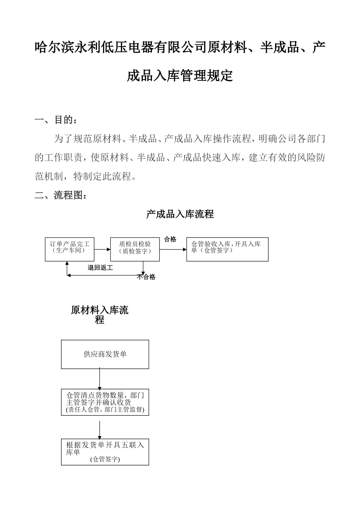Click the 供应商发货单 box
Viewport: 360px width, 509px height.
click(105, 354)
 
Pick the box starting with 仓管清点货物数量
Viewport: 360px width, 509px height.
click(105, 402)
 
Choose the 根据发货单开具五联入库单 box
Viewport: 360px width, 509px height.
click(105, 452)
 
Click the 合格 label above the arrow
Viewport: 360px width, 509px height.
click(170, 239)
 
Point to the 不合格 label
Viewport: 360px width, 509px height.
click(146, 277)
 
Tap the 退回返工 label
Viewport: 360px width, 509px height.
click(100, 268)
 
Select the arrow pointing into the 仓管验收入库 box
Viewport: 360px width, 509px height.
click(173, 250)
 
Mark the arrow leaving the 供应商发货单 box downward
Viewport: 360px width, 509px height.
click(99, 379)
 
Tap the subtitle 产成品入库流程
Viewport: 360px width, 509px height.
click(180, 214)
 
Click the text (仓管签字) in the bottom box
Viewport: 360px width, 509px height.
click(105, 459)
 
